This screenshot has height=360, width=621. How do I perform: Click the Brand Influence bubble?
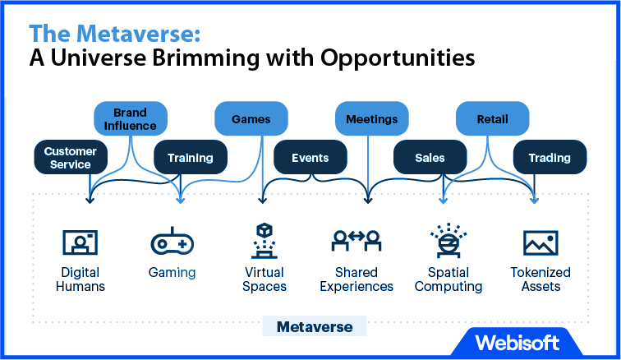coord(131,118)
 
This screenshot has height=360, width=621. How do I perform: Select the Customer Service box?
coord(71,157)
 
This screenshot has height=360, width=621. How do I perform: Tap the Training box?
coord(191,157)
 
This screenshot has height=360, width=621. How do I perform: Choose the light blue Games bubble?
coord(251,118)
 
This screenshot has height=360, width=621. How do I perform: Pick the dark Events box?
coord(310,157)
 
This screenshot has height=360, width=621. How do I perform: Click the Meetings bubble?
coord(372,118)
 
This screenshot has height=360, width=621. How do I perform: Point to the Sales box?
coord(430,157)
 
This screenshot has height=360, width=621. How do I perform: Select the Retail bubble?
coord(493,118)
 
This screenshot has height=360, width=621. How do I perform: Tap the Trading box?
coord(550,157)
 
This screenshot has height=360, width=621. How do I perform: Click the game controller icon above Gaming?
coord(172,241)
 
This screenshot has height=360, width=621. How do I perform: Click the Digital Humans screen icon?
coord(80,242)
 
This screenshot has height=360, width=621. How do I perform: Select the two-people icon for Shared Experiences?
coord(356,240)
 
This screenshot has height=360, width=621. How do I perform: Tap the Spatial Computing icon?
coord(448,241)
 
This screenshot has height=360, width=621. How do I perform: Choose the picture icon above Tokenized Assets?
coord(540,242)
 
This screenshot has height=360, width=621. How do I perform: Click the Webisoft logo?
coord(517,343)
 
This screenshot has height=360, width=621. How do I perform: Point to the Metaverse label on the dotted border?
coord(315,326)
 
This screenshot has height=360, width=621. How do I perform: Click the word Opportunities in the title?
coord(398,58)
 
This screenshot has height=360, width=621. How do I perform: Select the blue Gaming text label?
coord(172,273)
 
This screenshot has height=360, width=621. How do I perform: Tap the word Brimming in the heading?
coord(206,58)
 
